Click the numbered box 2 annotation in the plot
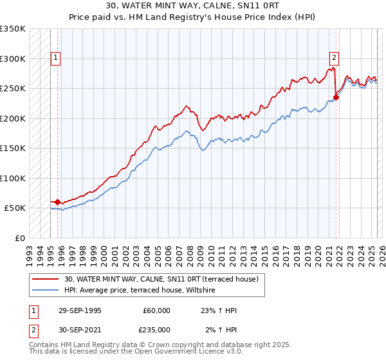click(334, 56)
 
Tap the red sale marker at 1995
click(57, 202)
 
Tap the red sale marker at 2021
click(336, 98)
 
